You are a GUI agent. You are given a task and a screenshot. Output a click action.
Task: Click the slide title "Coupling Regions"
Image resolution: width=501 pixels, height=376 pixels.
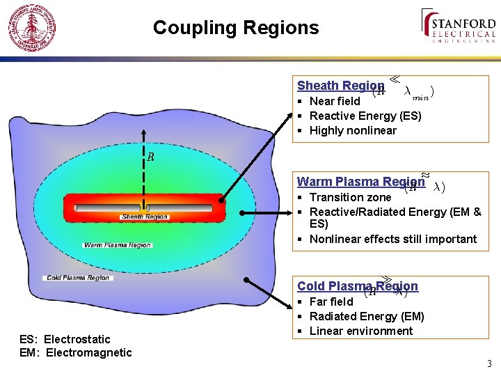pyautogui.click(x=236, y=28)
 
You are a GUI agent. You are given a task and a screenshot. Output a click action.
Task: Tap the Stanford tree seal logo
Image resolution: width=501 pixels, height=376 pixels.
pyautogui.click(x=31, y=29)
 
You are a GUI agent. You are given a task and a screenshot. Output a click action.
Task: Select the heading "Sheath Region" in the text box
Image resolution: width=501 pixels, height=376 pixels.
pyautogui.click(x=340, y=86)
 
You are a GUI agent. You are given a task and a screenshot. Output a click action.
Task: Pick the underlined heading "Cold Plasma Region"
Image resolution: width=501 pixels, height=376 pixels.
pyautogui.click(x=358, y=286)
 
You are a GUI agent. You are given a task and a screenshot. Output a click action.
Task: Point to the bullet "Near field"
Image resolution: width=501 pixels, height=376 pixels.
pyautogui.click(x=335, y=101)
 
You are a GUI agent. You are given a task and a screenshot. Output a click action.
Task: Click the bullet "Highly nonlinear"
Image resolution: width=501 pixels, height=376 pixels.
pyautogui.click(x=353, y=130)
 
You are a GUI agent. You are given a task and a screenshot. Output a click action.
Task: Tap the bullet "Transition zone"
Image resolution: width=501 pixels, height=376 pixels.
pyautogui.click(x=350, y=197)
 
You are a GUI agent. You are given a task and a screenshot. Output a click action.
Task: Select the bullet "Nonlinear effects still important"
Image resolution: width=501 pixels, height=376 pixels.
pyautogui.click(x=393, y=239)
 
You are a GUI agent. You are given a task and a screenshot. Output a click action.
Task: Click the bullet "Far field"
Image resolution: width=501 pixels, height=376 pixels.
pyautogui.click(x=331, y=301)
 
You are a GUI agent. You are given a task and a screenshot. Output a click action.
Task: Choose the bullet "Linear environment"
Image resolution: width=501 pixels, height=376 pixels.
pyautogui.click(x=360, y=331)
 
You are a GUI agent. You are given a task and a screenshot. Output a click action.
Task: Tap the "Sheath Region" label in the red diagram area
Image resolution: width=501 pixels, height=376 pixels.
pyautogui.click(x=145, y=217)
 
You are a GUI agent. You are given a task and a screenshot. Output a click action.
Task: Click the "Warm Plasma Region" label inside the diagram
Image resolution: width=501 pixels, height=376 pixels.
pyautogui.click(x=118, y=245)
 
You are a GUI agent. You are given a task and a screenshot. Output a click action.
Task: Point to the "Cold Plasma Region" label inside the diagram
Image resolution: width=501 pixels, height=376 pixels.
pyautogui.click(x=78, y=278)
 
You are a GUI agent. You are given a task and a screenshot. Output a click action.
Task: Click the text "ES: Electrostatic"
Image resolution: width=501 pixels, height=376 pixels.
pyautogui.click(x=65, y=339)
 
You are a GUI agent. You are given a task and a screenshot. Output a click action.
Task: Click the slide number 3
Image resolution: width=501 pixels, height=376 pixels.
pyautogui.click(x=489, y=363)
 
